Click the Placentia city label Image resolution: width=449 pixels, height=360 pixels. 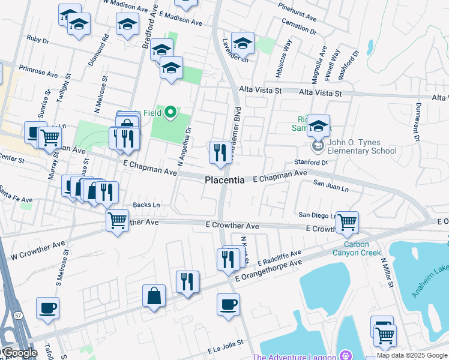(224, 180)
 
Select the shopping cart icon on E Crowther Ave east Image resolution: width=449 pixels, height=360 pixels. (347, 221)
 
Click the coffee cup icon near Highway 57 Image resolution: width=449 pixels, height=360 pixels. (47, 308)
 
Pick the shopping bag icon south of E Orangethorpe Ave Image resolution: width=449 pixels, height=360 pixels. (154, 296)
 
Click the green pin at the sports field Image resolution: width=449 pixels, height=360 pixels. (170, 112)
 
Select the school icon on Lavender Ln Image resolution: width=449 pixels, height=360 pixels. (243, 43)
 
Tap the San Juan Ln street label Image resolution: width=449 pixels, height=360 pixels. (331, 187)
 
